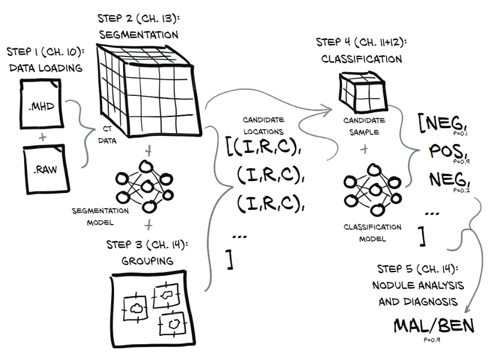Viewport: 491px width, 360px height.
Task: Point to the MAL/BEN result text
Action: point(434,326)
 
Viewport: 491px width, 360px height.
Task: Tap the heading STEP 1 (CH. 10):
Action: point(46,52)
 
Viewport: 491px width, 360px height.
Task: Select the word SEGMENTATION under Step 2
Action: point(138,35)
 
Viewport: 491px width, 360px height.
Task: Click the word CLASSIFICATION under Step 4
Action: point(361,59)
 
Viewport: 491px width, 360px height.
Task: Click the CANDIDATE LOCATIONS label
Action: point(264,125)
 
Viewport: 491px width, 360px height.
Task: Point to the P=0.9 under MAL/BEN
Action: point(433,341)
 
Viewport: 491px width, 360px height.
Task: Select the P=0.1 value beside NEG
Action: point(461,134)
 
